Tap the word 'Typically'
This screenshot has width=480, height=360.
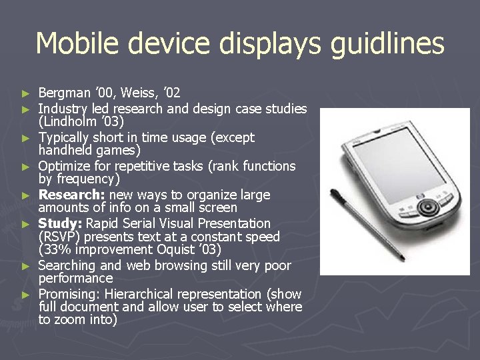[66, 137]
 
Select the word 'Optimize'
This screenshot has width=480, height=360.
[65, 165]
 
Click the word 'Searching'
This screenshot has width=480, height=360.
[68, 265]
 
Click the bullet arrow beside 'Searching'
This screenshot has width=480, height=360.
[26, 266]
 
